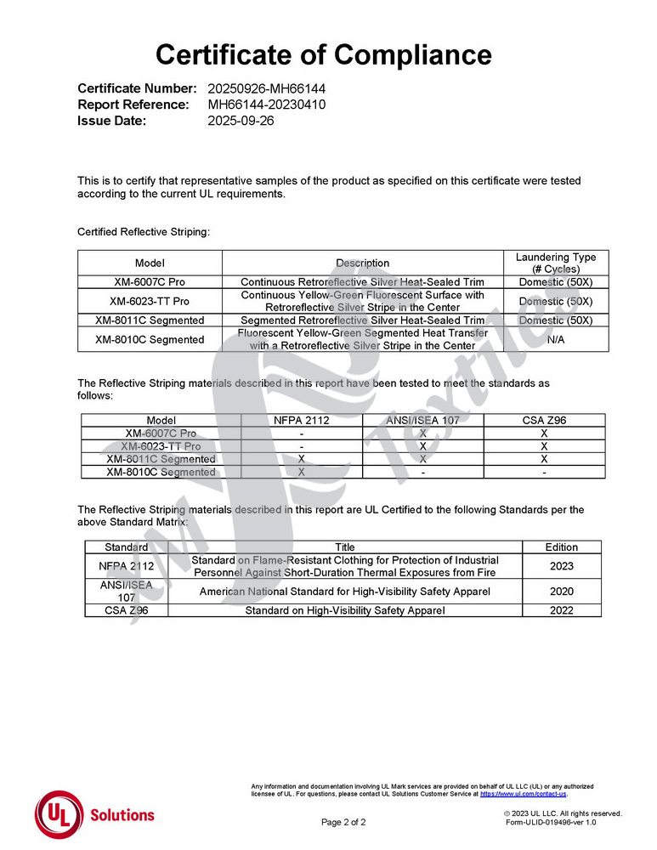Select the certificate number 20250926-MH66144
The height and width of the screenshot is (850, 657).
tap(267, 88)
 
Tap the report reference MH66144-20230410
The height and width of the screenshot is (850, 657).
tap(267, 105)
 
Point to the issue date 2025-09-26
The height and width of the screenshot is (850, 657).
tap(241, 121)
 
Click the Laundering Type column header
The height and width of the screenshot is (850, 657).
tap(556, 263)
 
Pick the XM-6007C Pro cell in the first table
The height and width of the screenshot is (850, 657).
tap(150, 281)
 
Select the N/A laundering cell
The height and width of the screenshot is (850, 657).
tap(556, 339)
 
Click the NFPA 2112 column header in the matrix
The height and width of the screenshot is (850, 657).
tap(302, 420)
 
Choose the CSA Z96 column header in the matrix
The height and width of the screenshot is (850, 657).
tap(544, 420)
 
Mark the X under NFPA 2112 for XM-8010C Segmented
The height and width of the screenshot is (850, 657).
tap(302, 472)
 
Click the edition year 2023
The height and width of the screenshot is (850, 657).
tap(562, 566)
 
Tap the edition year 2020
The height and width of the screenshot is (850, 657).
tap(562, 592)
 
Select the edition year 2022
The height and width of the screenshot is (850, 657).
tap(562, 610)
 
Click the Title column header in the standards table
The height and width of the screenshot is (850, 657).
tap(345, 547)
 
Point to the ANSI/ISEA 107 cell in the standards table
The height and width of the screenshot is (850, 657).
tap(127, 591)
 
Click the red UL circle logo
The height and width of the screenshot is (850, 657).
tap(58, 814)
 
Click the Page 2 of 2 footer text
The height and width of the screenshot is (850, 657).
tap(343, 822)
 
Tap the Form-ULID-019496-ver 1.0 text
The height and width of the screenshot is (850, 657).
tap(551, 822)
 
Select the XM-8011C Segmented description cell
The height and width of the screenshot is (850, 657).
tap(363, 320)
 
